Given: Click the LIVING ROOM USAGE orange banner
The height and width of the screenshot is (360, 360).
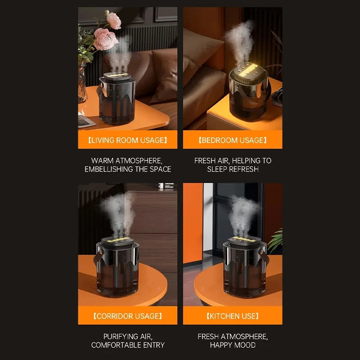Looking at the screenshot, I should pyautogui.click(x=128, y=140).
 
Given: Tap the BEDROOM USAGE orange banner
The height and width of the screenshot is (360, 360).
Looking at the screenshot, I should pyautogui.click(x=233, y=140).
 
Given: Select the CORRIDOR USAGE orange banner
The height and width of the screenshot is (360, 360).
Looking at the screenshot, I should pyautogui.click(x=128, y=316).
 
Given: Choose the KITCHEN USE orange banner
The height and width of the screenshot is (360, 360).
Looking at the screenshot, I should pyautogui.click(x=233, y=316).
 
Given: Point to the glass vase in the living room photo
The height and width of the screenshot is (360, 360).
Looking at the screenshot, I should pyautogui.click(x=82, y=83).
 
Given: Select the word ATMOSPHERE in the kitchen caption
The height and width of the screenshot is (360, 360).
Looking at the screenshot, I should pyautogui.click(x=245, y=337).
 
